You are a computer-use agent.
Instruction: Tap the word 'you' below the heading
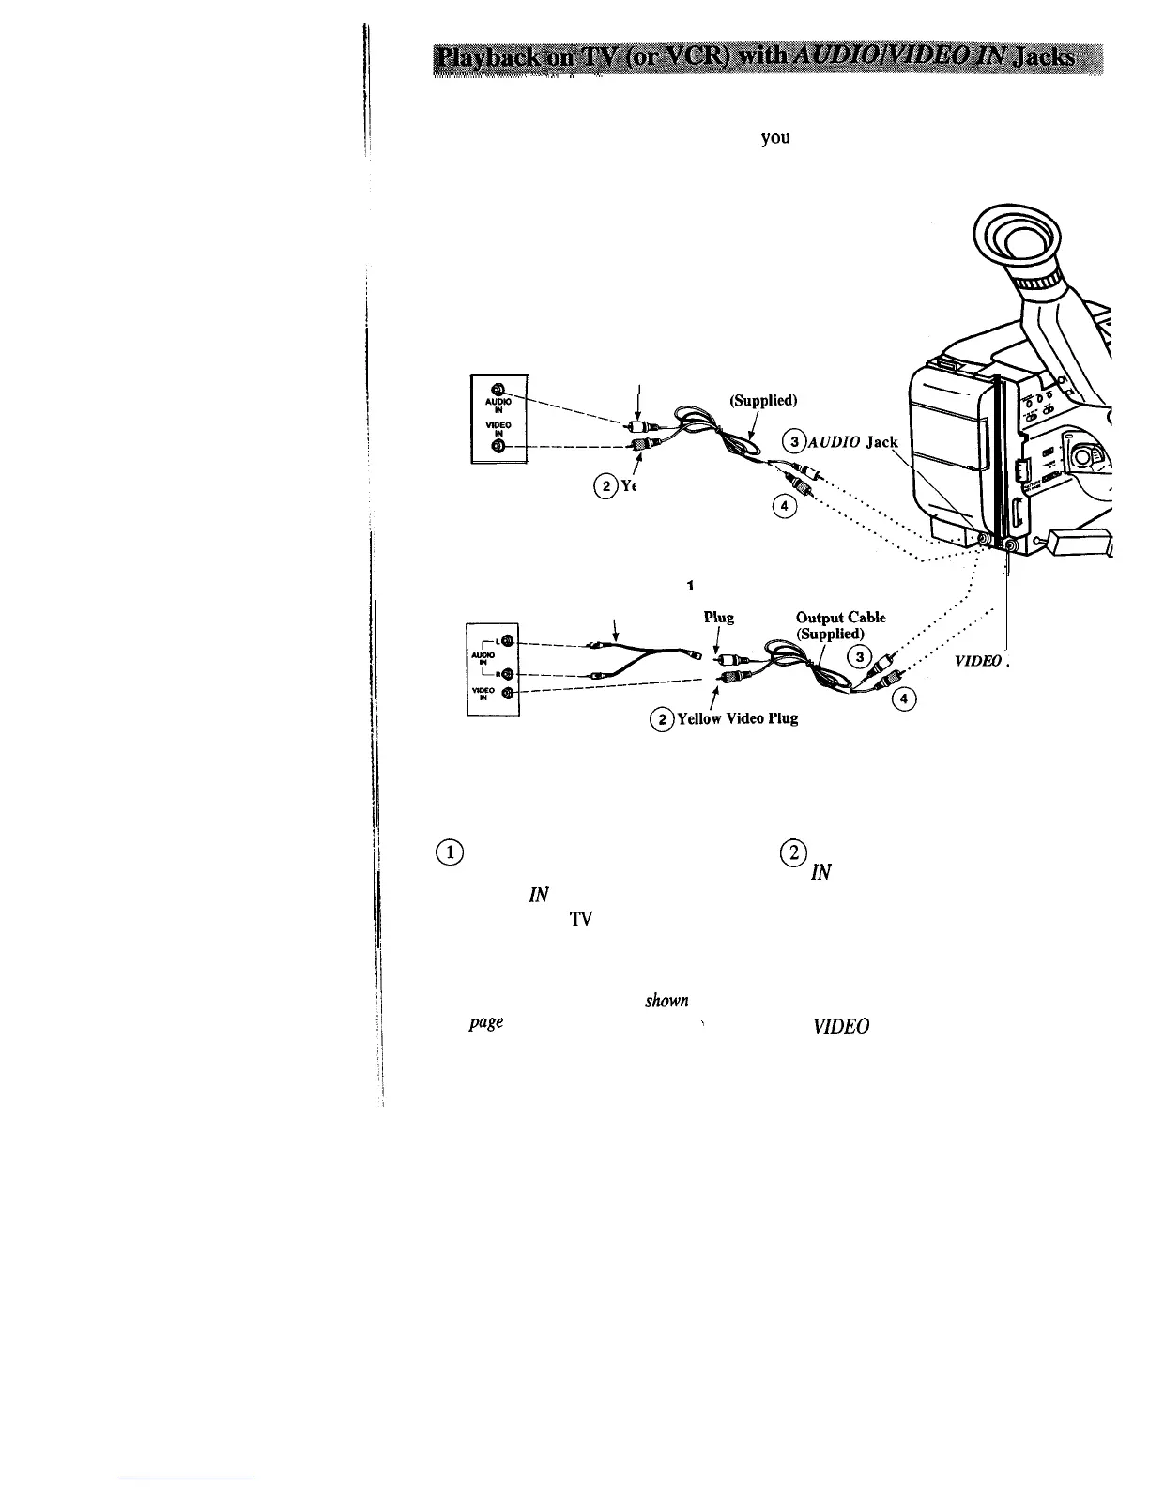pyautogui.click(x=774, y=138)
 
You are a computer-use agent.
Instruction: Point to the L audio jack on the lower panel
pyautogui.click(x=506, y=641)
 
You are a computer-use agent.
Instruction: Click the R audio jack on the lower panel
pyautogui.click(x=506, y=673)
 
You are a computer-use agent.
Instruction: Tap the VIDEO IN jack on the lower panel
pyautogui.click(x=506, y=694)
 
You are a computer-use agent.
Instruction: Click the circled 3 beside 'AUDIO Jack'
pyautogui.click(x=794, y=441)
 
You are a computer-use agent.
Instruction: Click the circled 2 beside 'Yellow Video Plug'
pyautogui.click(x=662, y=719)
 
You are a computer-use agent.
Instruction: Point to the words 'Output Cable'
pyautogui.click(x=839, y=618)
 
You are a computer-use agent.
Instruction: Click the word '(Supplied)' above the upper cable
pyautogui.click(x=763, y=400)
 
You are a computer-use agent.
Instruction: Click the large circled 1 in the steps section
pyautogui.click(x=452, y=852)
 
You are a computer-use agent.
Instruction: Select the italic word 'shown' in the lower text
pyautogui.click(x=666, y=1001)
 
